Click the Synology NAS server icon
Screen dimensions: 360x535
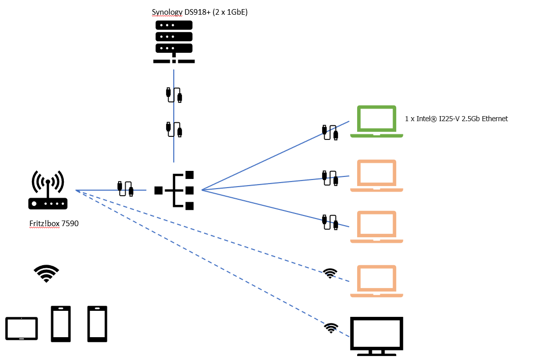[174, 41]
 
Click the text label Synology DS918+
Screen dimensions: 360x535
[200, 12]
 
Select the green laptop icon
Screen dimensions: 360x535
[376, 122]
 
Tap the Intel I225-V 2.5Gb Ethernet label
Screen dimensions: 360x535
[456, 119]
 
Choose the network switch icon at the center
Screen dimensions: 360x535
[175, 190]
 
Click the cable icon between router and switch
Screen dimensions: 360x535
[125, 189]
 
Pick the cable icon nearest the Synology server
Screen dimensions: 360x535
[174, 95]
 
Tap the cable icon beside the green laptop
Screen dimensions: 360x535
[330, 132]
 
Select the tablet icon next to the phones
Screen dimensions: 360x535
[21, 329]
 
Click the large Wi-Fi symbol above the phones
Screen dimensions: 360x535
[46, 273]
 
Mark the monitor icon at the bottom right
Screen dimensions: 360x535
[376, 334]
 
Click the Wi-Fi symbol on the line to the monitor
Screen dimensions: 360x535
[331, 328]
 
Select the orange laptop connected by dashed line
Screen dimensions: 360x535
[376, 280]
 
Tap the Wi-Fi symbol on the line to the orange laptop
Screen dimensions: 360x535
[330, 273]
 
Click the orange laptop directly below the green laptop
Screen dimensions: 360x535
[376, 175]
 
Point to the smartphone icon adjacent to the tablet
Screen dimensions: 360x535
[60, 323]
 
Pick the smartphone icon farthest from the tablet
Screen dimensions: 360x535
[97, 323]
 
